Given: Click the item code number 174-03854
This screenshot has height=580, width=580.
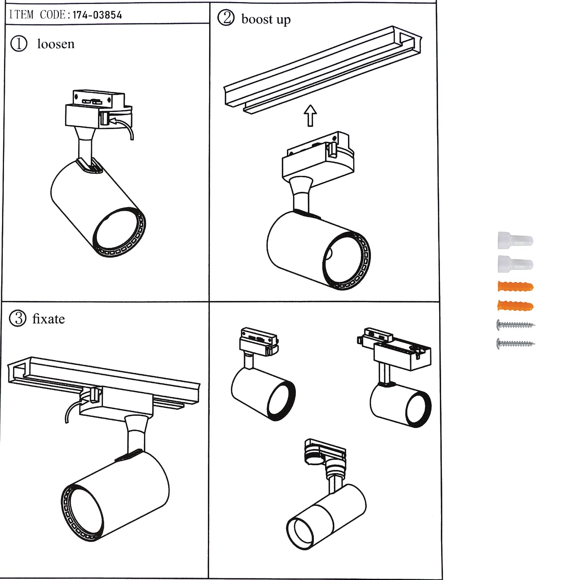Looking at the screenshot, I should pos(97,15).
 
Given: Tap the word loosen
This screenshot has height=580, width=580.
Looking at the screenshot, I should pos(56,44).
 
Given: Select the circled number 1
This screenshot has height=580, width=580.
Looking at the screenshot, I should pos(18,44).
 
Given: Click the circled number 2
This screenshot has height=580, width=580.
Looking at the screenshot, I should pos(226,18).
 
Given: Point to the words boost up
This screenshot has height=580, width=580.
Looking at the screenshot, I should pos(266,19).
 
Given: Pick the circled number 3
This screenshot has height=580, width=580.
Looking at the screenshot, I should pos(17,319).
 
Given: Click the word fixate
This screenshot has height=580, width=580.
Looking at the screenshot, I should pos(49,319).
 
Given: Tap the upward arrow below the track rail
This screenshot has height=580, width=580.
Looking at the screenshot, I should pos(310,115).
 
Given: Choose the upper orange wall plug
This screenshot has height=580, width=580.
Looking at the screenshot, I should pos(515,287).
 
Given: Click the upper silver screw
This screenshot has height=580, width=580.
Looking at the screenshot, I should pos(515,325).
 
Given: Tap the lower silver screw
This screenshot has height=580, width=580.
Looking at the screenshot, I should pos(515,344).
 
